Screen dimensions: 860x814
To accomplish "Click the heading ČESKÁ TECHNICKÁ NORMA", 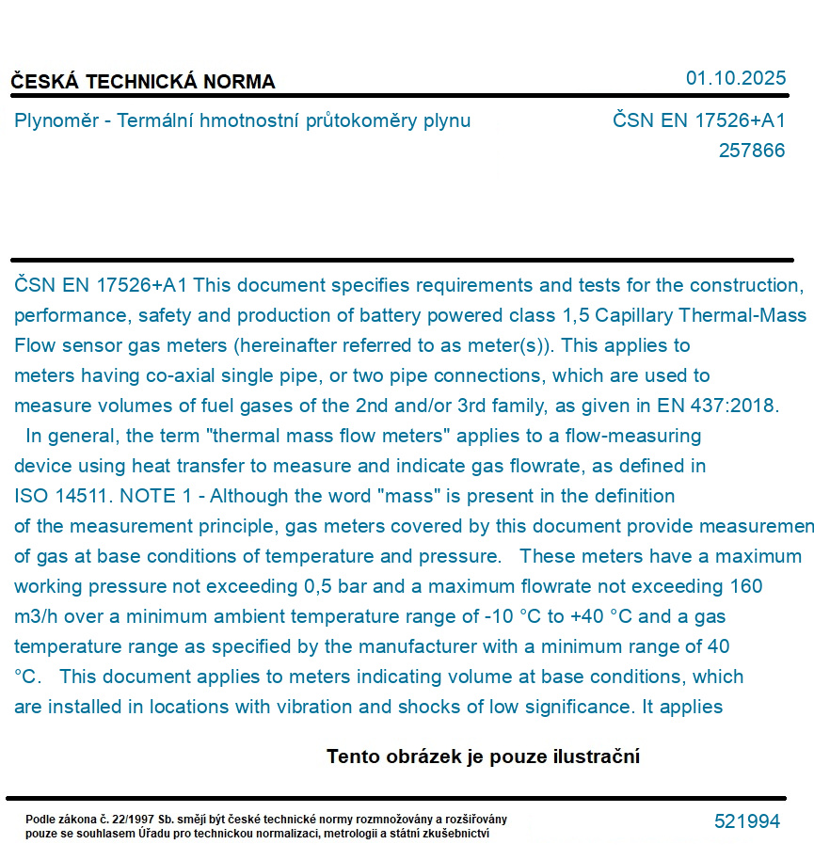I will pos(143,82).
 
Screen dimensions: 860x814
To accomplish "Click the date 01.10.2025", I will pos(735,78).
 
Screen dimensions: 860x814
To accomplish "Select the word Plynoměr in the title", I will pos(56,120).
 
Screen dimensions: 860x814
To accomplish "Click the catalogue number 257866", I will pos(751,151).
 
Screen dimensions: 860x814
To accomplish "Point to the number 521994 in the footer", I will pos(747,821).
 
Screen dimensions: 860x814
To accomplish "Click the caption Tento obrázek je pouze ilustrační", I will pos(483,756).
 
